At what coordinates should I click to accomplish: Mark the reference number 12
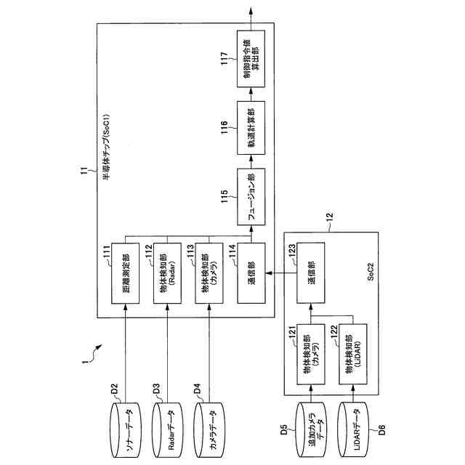[x=329, y=216]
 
